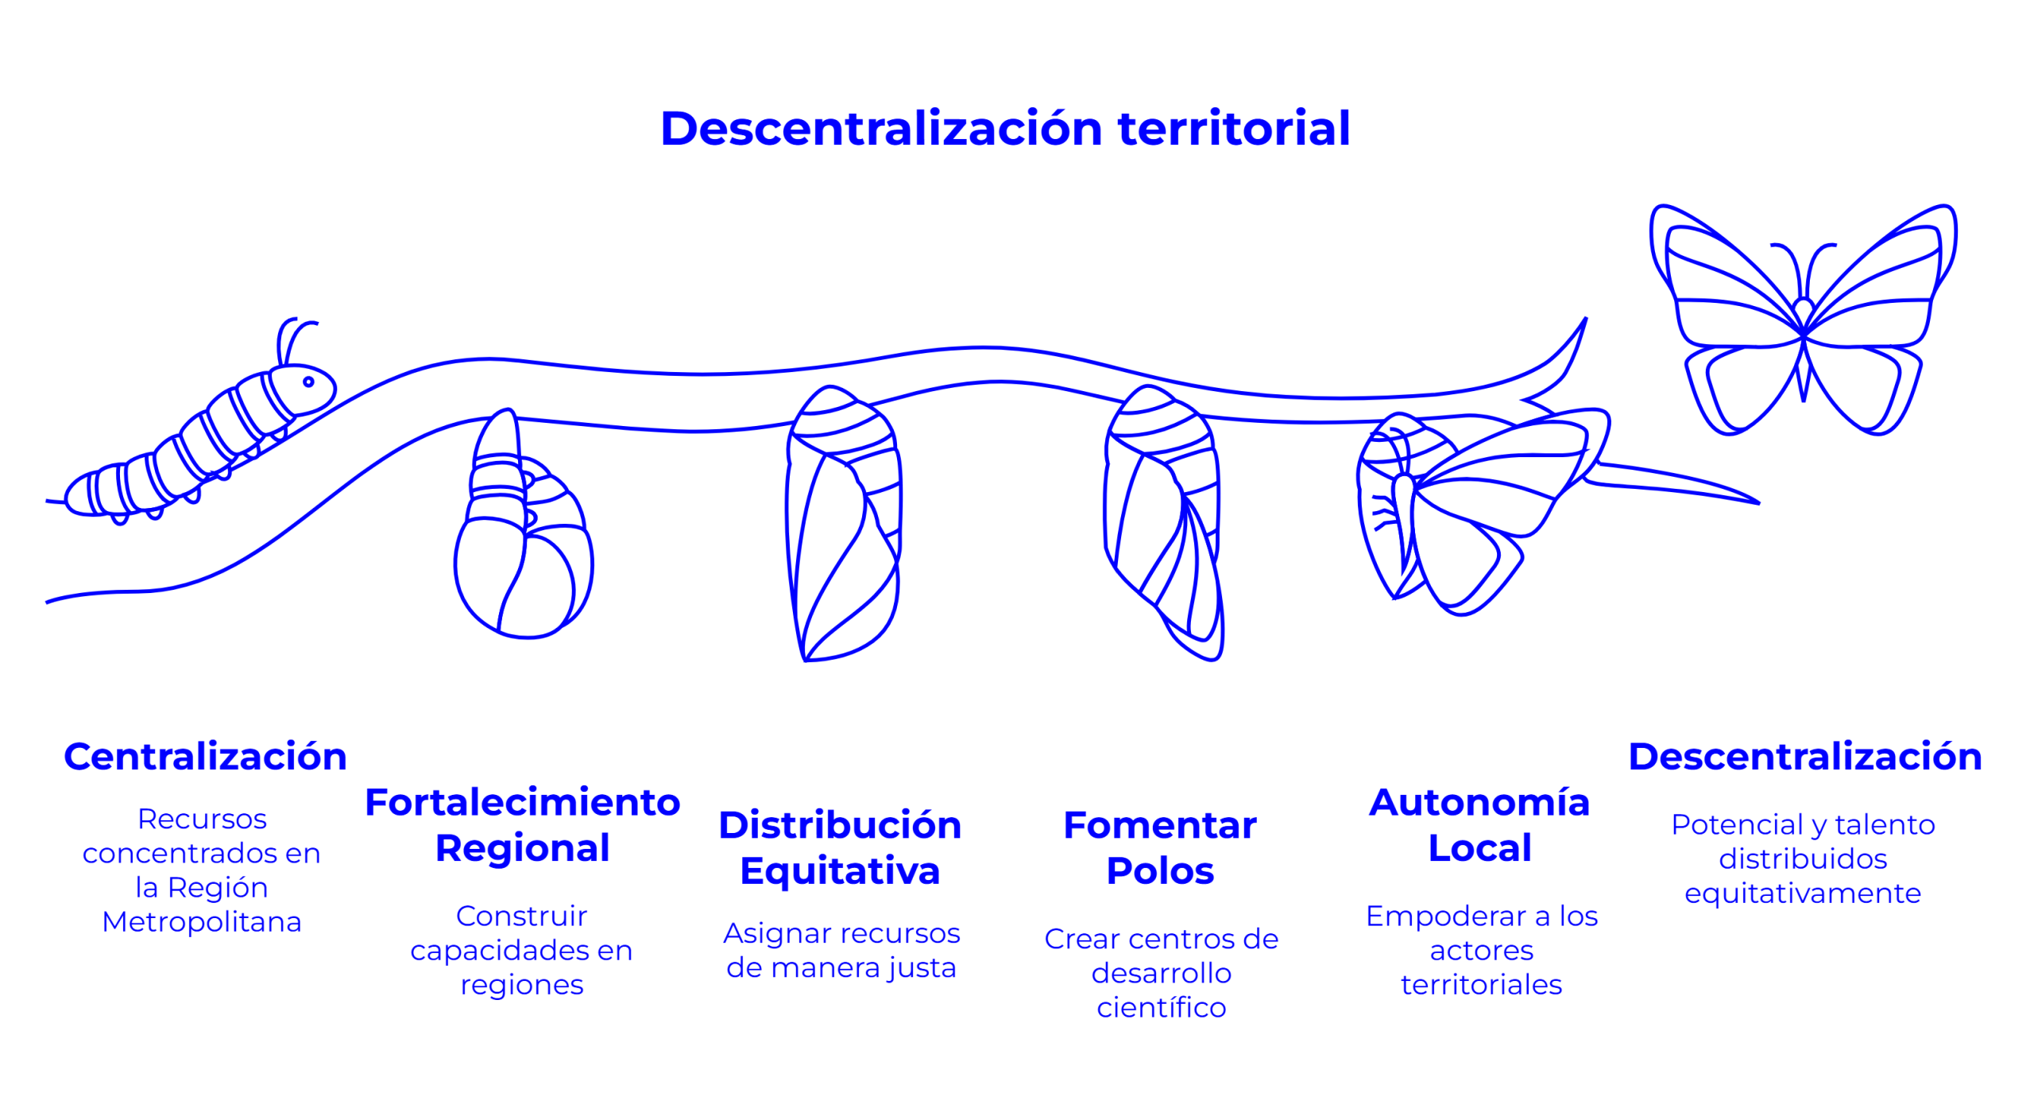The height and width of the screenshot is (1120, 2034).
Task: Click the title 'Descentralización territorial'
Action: (x=1005, y=129)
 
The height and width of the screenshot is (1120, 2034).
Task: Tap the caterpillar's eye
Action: (x=308, y=382)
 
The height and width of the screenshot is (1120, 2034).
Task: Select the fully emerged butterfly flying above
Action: (x=1804, y=318)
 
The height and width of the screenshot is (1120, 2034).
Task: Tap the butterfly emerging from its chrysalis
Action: (x=1454, y=509)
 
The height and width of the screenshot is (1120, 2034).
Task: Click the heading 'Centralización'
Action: (x=205, y=756)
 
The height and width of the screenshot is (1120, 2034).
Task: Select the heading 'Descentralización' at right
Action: (x=1804, y=756)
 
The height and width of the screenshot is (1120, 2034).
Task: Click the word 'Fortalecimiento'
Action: (x=522, y=802)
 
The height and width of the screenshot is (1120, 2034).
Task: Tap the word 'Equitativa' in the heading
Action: (x=840, y=871)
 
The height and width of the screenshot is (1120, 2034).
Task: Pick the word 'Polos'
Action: (x=1160, y=871)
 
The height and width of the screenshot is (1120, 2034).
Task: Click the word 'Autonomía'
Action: (x=1479, y=802)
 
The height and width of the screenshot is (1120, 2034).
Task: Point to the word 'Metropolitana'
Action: (x=202, y=922)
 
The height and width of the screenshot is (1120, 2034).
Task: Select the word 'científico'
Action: (x=1162, y=1008)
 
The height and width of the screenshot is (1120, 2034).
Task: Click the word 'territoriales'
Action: (x=1481, y=985)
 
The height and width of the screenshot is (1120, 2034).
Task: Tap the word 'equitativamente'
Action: (x=1803, y=893)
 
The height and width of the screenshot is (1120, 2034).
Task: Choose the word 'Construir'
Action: (x=521, y=916)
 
